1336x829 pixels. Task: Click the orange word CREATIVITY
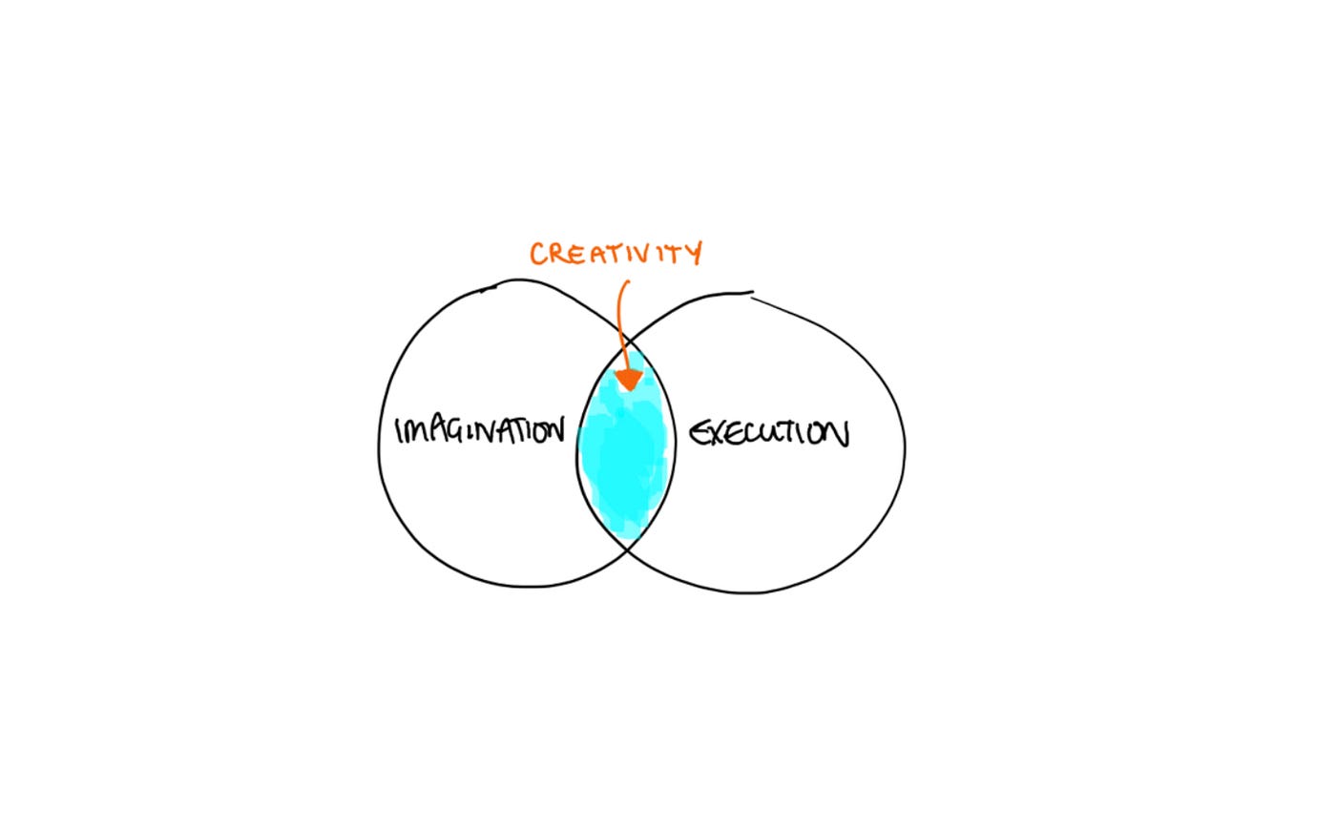click(x=616, y=254)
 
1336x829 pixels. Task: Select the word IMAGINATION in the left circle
click(x=479, y=430)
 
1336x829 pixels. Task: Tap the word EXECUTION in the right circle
click(x=769, y=433)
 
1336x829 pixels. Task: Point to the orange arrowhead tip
click(x=629, y=390)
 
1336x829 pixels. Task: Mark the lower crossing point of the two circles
click(x=626, y=549)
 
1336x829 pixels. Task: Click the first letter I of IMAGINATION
click(x=399, y=430)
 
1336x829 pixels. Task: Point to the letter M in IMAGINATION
click(x=415, y=430)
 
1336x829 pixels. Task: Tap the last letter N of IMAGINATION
click(x=554, y=430)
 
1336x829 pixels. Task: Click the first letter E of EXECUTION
click(x=699, y=434)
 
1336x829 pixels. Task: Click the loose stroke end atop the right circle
click(x=753, y=293)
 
